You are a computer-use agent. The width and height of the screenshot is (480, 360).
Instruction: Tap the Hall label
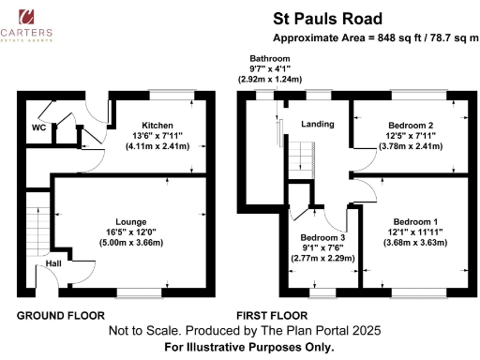click(53, 265)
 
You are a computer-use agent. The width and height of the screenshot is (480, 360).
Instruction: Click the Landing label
click(317, 125)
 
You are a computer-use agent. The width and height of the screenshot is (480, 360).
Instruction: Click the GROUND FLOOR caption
click(60, 315)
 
